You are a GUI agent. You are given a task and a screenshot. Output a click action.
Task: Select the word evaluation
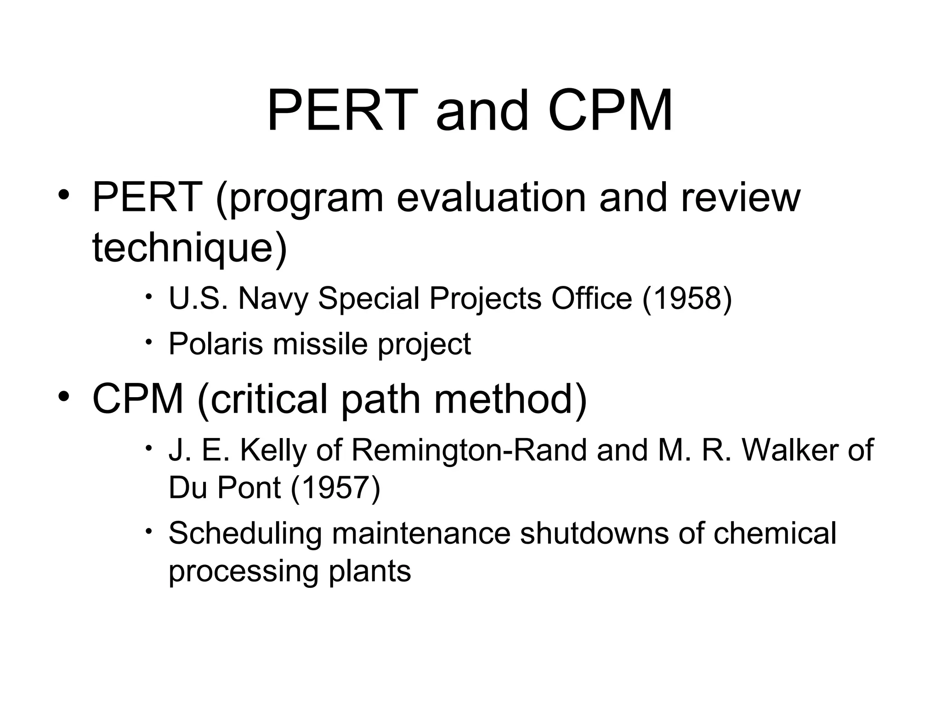coord(491,198)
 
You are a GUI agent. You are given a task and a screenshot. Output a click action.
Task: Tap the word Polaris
coord(216,344)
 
